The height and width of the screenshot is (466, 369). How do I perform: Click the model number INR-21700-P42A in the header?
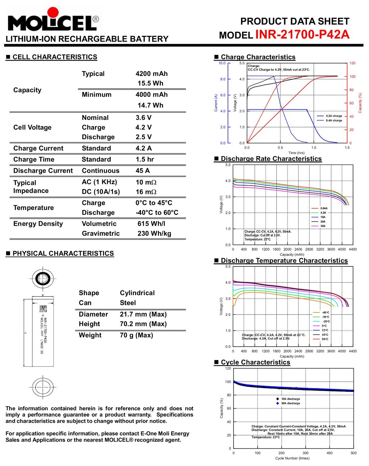302,34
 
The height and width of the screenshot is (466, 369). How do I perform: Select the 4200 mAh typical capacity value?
151,74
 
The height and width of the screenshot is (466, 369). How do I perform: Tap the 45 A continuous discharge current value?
143,171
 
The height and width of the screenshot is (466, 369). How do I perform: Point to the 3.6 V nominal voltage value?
144,118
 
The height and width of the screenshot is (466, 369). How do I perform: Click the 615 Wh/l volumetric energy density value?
151,224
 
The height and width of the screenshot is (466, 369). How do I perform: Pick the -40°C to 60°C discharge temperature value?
157,213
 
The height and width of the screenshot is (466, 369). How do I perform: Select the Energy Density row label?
38,224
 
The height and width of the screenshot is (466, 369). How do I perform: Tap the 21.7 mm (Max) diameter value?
143,314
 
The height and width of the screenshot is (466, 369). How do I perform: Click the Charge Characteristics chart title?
258,57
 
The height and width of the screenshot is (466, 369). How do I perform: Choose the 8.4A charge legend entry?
334,120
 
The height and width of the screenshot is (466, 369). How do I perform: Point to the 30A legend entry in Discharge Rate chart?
323,226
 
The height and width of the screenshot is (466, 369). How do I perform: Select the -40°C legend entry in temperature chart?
325,313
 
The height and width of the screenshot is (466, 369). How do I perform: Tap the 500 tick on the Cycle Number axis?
354,453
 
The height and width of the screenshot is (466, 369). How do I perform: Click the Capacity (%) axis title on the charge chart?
361,103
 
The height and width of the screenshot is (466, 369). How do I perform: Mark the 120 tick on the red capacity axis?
352,63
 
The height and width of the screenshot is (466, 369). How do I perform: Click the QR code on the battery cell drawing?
43,309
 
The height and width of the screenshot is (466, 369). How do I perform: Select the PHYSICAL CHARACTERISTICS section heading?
63,253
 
